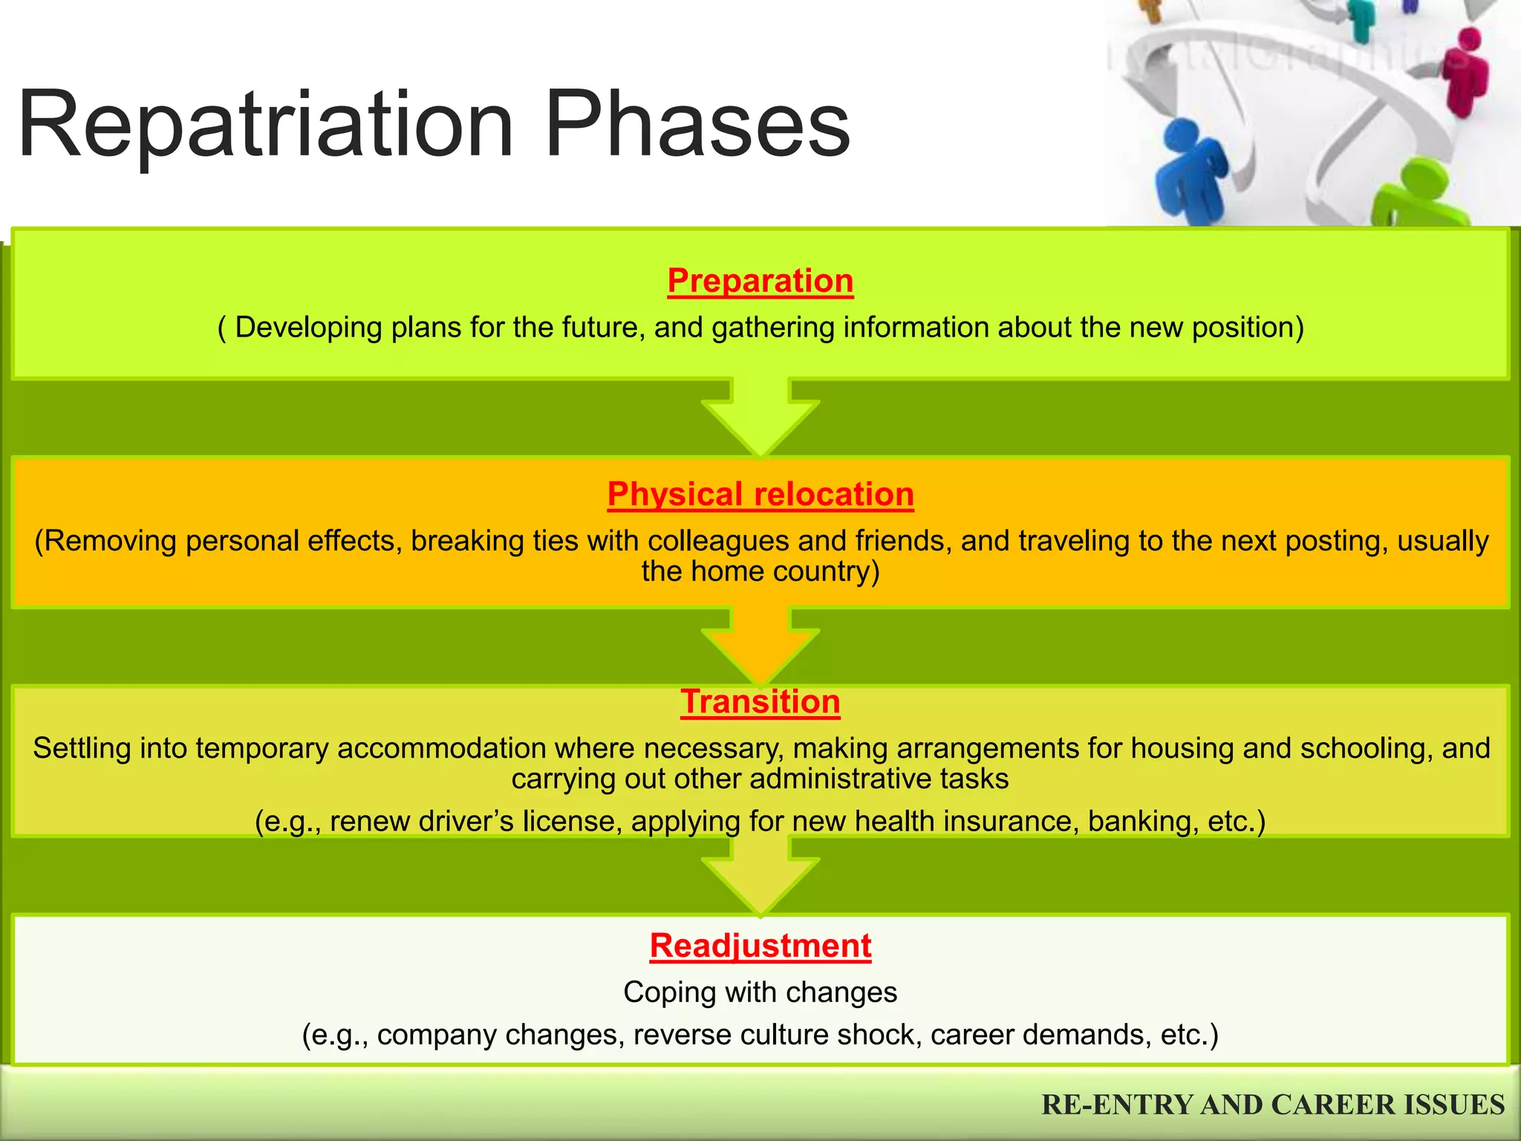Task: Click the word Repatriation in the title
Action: click(265, 124)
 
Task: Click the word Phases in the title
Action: click(697, 124)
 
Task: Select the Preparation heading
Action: click(760, 281)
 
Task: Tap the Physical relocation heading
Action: click(760, 495)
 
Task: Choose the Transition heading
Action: click(760, 702)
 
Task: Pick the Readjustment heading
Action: click(760, 946)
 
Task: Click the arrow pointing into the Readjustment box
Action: click(760, 877)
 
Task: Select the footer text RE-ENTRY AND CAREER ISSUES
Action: click(1273, 1105)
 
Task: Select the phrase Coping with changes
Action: click(760, 992)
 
